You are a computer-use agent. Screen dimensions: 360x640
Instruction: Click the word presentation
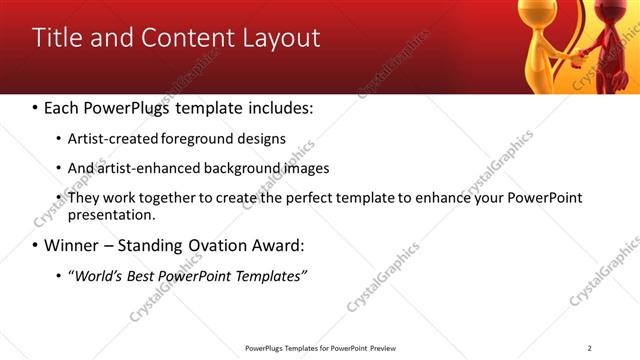(x=111, y=215)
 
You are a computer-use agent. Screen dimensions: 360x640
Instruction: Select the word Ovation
(x=219, y=245)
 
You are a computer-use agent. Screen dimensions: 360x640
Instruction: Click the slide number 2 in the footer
(x=589, y=348)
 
